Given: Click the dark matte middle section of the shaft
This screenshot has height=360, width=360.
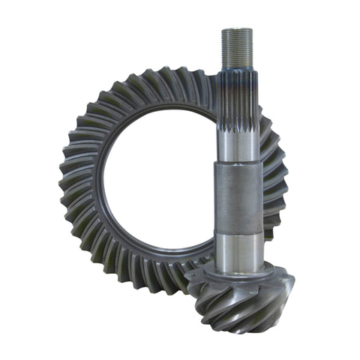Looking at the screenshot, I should (239, 199).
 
